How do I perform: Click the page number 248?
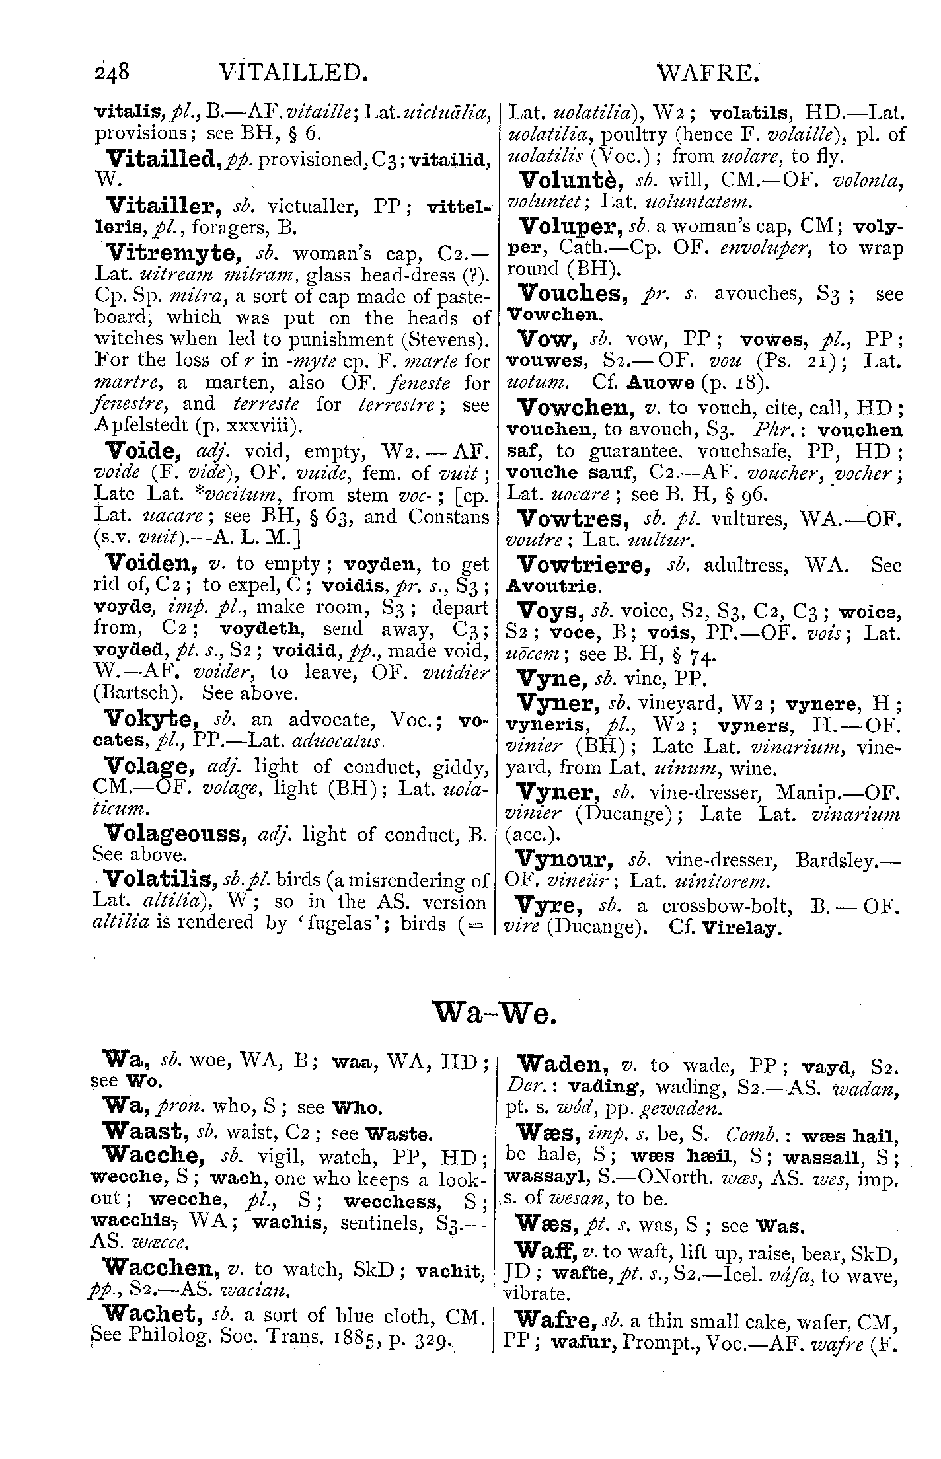pyautogui.click(x=114, y=71)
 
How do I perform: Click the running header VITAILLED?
pyautogui.click(x=292, y=71)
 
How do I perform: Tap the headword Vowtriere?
pyautogui.click(x=582, y=565)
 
